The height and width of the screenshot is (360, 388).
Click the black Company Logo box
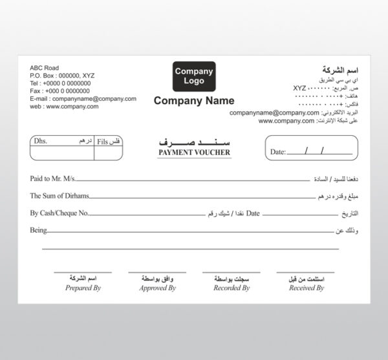click(194, 76)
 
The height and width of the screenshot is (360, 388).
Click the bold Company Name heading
click(194, 101)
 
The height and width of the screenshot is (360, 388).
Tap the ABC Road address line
click(44, 68)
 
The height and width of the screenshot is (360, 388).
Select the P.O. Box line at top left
click(62, 76)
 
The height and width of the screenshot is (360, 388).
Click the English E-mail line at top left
click(83, 99)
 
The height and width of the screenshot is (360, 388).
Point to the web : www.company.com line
click(64, 107)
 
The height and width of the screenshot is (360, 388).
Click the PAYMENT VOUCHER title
click(194, 153)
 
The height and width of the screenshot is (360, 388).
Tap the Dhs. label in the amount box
click(41, 140)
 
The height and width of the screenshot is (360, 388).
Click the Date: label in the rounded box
click(277, 152)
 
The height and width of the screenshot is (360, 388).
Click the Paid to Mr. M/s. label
click(54, 177)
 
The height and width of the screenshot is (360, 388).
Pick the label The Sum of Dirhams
click(59, 195)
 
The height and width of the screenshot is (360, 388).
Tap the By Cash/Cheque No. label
click(59, 213)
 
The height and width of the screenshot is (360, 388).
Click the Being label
click(39, 230)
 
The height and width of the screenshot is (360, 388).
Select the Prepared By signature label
click(83, 288)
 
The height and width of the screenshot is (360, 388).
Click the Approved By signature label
click(158, 288)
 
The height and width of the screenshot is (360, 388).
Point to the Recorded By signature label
click(232, 288)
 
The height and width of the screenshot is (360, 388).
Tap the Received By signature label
click(306, 288)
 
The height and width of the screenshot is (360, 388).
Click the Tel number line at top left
click(60, 83)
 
